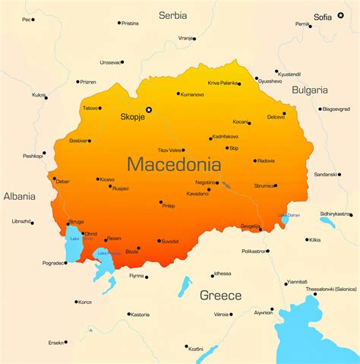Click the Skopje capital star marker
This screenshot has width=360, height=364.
tap(149, 110)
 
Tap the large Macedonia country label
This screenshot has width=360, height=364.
tap(174, 163)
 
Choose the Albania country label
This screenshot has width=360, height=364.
tap(19, 196)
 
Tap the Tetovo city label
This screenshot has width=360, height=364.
tap(91, 108)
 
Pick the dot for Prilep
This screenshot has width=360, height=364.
tap(161, 202)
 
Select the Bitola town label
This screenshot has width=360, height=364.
tap(132, 251)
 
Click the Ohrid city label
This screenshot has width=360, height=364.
tap(90, 233)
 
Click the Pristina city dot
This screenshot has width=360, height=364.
tap(119, 23)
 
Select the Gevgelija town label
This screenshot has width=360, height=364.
tap(250, 226)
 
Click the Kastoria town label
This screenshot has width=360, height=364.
tap(140, 314)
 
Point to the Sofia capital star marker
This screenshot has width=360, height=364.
tap(341, 16)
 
